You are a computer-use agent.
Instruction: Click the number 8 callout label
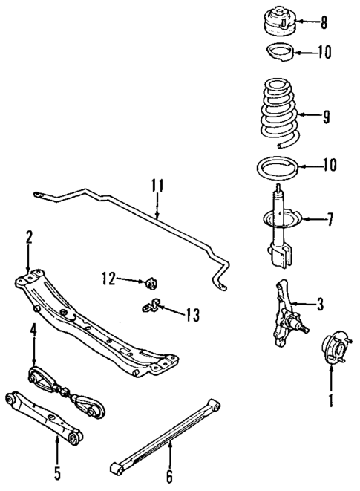(324, 22)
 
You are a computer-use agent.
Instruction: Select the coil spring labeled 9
(279, 116)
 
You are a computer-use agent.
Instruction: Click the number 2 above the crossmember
(29, 237)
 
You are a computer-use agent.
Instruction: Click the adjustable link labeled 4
(67, 389)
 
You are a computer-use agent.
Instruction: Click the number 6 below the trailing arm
(170, 476)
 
